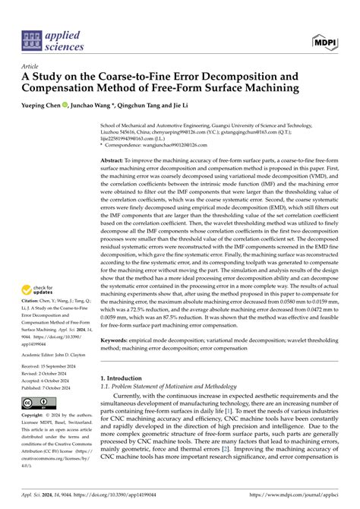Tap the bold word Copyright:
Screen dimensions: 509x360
[x=36, y=416]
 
